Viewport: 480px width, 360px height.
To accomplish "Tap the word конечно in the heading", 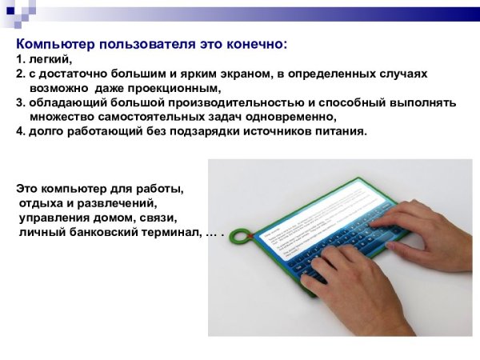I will (254, 44).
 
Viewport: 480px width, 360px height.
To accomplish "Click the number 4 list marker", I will (19, 132).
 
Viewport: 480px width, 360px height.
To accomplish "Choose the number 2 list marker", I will (19, 74).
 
